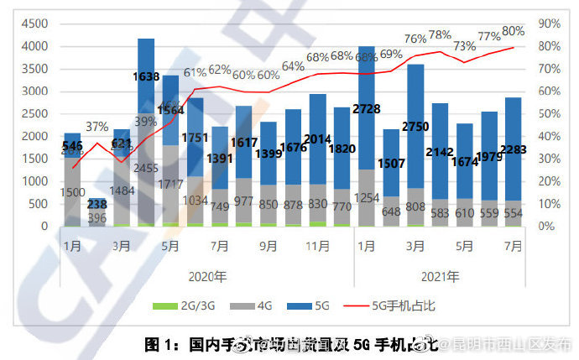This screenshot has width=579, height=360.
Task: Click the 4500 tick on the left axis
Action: (34, 24)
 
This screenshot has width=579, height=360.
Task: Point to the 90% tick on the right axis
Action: (550, 24)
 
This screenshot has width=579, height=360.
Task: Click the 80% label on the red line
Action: (513, 31)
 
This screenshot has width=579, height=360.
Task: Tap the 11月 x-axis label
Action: (317, 246)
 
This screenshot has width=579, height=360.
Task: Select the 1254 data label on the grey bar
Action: (367, 197)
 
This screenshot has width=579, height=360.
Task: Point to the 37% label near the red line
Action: (96, 127)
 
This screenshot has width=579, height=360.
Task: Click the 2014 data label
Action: (317, 139)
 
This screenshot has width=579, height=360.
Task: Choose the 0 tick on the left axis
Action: (46, 226)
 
